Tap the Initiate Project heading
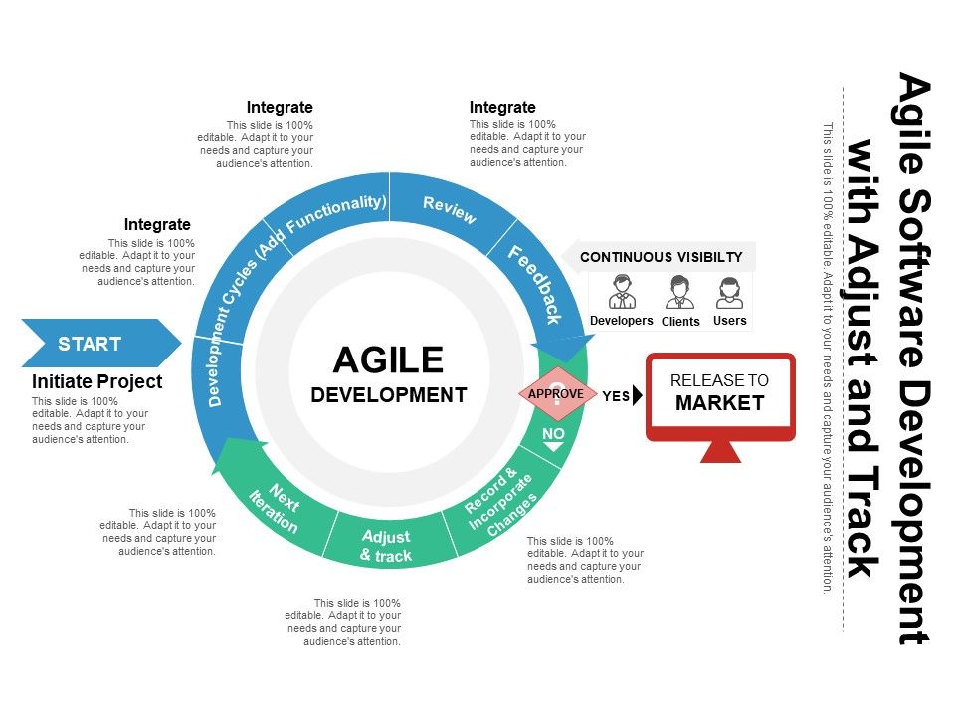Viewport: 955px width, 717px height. point(96,381)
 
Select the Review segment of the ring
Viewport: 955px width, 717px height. point(450,209)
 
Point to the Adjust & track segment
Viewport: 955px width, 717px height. point(386,546)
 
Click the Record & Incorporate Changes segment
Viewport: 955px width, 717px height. point(500,504)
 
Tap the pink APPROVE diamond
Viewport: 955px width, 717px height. point(556,394)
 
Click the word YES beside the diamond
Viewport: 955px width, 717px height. point(616,395)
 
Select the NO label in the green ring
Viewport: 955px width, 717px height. point(553,434)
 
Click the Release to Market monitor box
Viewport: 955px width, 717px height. point(720,394)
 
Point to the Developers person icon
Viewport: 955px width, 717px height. point(622,293)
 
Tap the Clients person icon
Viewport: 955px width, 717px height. point(680,293)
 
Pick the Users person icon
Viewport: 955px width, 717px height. point(729,293)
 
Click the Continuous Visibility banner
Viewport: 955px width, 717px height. point(661,257)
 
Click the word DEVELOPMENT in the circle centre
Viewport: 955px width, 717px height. point(388,394)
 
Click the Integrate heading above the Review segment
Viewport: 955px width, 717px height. point(502,107)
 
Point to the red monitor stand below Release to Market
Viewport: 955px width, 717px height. point(720,451)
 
